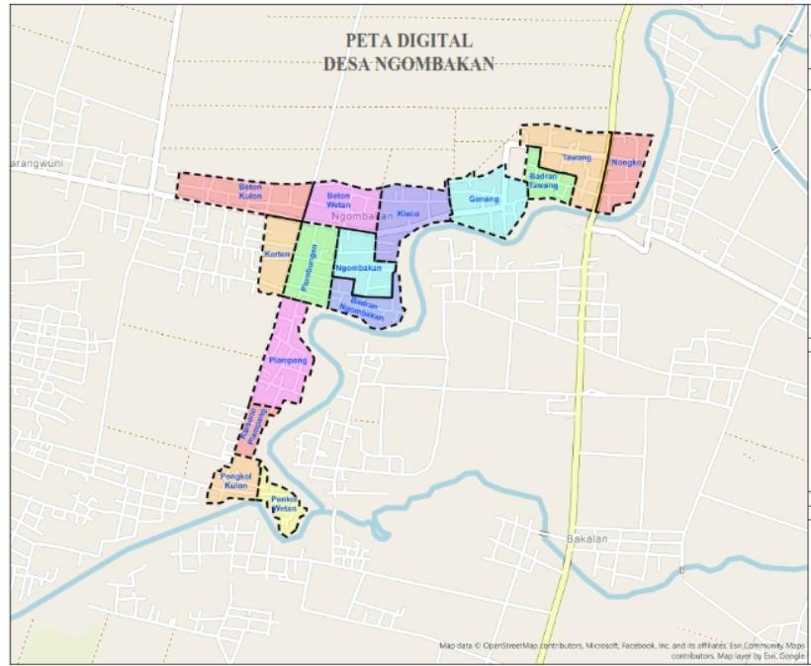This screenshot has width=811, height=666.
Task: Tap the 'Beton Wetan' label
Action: click(339, 201)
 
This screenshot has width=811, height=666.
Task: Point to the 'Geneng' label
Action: click(483, 200)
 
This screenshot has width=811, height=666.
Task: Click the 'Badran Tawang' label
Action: click(544, 180)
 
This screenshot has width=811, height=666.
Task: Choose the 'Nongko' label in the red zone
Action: click(627, 162)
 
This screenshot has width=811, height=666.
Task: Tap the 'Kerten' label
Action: click(276, 255)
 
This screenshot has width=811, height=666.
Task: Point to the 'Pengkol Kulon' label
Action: click(235, 481)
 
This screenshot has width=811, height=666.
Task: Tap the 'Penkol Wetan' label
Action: click(284, 505)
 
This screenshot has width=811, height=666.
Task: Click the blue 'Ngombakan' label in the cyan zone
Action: click(358, 269)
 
